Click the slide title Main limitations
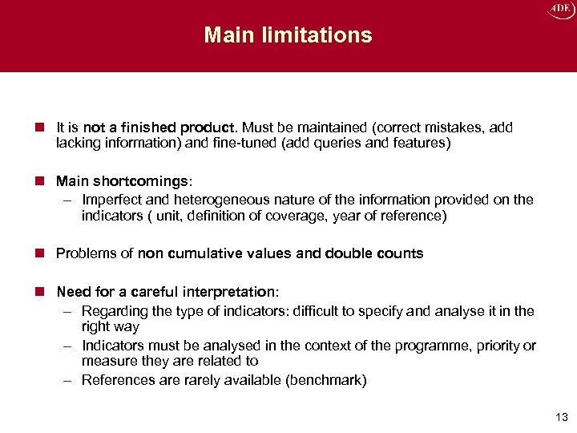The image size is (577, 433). (288, 35)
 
